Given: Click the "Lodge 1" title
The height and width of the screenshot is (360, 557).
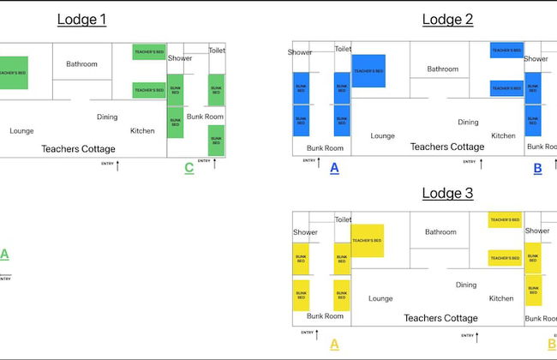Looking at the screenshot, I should pos(81,19).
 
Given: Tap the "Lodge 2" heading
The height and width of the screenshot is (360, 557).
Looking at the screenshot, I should pos(446,19).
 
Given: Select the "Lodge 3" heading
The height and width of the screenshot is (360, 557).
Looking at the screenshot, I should pos(446,193).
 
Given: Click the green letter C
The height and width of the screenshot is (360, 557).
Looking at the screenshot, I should pos(189,168).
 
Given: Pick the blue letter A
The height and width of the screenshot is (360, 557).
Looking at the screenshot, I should pos(334,168).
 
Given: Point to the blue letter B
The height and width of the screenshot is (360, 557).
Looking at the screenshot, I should pos(537,168).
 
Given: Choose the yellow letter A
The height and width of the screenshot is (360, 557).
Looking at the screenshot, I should pos(334,344).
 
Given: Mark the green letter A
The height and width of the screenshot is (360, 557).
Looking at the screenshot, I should pos(4,254).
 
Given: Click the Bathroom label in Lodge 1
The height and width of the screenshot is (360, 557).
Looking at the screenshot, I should pos(82,63).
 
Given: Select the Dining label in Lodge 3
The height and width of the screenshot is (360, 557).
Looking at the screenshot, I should pos(466,285).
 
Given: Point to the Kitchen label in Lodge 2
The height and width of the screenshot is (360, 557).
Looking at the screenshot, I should pos(503,135).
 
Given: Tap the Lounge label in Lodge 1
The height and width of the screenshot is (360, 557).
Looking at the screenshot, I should pos(22,131).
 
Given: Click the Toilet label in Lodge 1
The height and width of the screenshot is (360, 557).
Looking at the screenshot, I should pos(217,51).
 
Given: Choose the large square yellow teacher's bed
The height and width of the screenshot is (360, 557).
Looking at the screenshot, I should pos(367,240).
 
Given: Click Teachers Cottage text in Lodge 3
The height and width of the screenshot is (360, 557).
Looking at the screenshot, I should pos(442,318).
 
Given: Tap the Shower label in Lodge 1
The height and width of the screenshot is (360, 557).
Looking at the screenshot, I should pos(180,58).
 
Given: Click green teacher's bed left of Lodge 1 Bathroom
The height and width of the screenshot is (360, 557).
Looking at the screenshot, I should pos(13,73).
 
